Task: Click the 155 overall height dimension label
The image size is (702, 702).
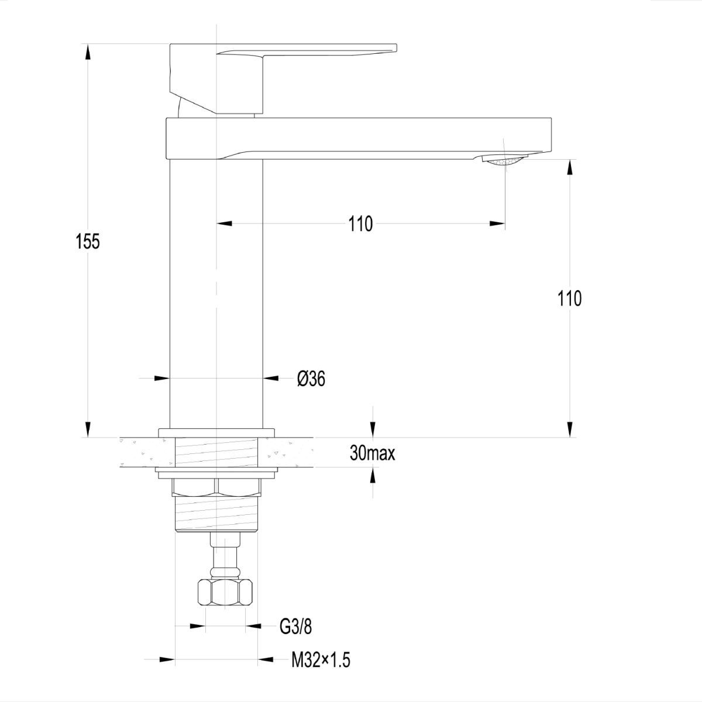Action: tap(87, 241)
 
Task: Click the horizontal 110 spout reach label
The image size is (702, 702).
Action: tap(361, 223)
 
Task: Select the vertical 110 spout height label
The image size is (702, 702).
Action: tap(569, 299)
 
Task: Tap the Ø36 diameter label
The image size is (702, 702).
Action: tap(311, 379)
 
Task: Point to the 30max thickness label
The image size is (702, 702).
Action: tap(372, 453)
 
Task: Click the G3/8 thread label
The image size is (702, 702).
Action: tap(296, 627)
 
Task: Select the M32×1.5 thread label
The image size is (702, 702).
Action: tap(321, 660)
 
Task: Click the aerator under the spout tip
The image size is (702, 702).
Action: tap(504, 161)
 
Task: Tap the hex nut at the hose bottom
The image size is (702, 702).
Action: tap(225, 593)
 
